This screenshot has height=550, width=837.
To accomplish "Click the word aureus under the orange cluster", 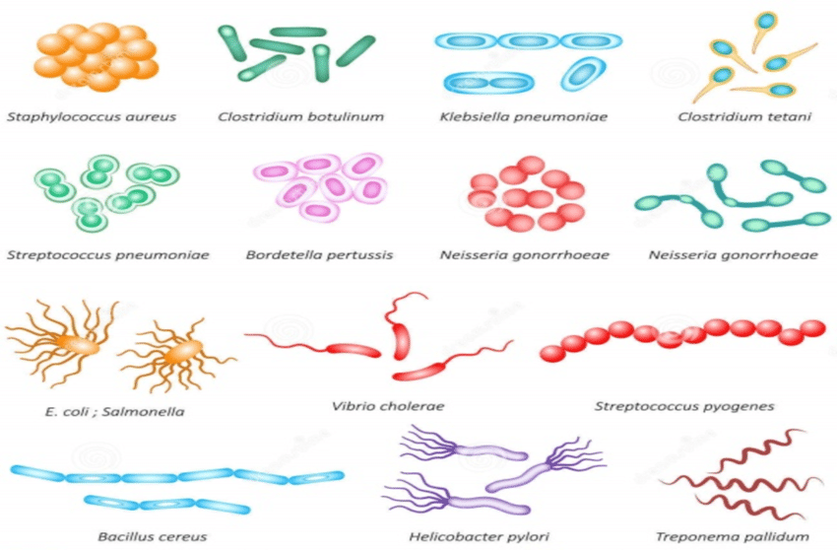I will pos(151,116).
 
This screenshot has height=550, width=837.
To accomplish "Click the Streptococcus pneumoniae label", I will pos(107,255).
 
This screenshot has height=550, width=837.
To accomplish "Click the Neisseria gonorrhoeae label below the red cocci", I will pos(525,255).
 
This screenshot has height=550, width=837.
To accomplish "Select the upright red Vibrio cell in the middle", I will pos(401,340).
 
